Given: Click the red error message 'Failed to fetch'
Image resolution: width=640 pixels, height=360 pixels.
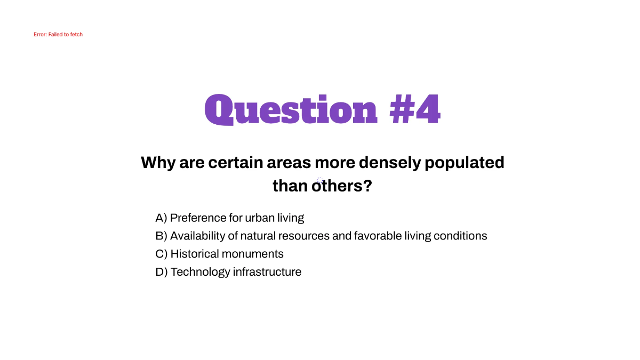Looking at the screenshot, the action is [58, 35].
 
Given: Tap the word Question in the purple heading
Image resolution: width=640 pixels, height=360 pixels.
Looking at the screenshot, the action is [291, 110].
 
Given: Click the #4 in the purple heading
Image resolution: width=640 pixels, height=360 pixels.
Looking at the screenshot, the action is [415, 109].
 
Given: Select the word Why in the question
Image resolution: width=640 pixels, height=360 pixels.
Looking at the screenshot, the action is [158, 163].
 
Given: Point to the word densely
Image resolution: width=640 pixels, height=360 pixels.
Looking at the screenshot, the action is [390, 163].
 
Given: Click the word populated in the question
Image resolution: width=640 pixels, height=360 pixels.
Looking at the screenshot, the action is [465, 163].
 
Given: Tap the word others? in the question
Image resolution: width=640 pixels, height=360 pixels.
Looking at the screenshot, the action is [342, 186].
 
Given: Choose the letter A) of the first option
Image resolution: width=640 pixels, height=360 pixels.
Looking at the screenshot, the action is [161, 218].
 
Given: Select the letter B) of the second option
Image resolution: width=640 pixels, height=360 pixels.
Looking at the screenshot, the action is [161, 236].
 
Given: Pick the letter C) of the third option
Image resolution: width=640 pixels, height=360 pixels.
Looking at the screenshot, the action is [162, 254].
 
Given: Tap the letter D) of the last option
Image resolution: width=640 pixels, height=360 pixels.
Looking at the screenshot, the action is [162, 272].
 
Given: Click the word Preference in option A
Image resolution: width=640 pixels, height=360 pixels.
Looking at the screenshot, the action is [198, 218].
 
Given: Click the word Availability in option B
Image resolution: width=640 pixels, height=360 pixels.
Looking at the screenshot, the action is [198, 236].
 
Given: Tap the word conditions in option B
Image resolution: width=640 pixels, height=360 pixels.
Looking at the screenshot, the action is [460, 236].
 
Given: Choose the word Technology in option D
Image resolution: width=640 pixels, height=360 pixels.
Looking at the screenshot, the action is [201, 272].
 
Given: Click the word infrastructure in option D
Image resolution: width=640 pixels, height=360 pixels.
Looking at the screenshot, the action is [267, 272].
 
